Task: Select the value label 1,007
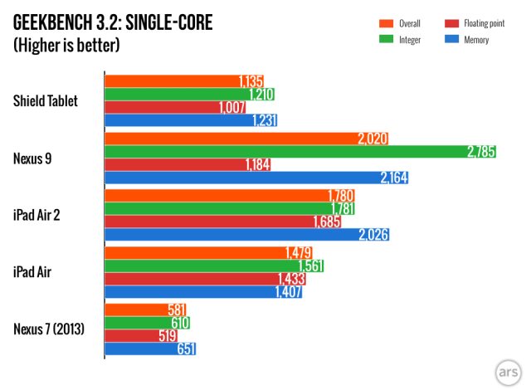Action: tap(233, 108)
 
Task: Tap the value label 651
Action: tap(186, 349)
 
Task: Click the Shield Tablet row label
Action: tap(46, 101)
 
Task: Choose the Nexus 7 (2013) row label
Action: tap(51, 329)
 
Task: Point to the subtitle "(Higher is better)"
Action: tap(66, 45)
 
